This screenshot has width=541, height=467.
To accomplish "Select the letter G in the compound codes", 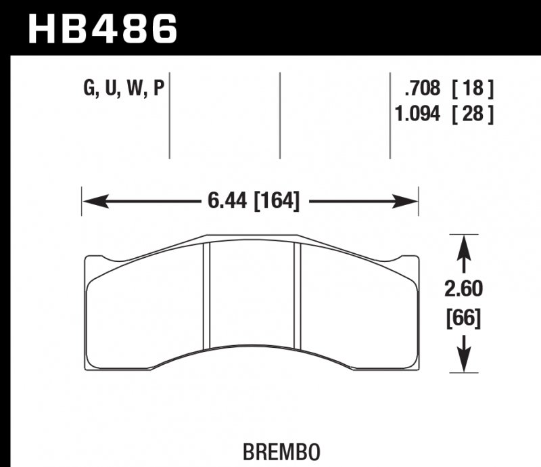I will pos(87,89).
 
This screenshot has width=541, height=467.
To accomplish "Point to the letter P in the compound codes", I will pos(160,89).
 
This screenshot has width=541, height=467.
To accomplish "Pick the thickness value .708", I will pos(422,89).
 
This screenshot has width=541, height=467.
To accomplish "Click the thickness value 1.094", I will pos(417,114).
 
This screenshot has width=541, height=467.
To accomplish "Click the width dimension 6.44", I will pos(225,201).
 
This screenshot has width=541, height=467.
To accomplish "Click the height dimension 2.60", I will pos(463,290).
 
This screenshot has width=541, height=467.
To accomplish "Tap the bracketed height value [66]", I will pos(463,318).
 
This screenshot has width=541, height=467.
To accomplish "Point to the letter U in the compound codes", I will pos(110,89).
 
